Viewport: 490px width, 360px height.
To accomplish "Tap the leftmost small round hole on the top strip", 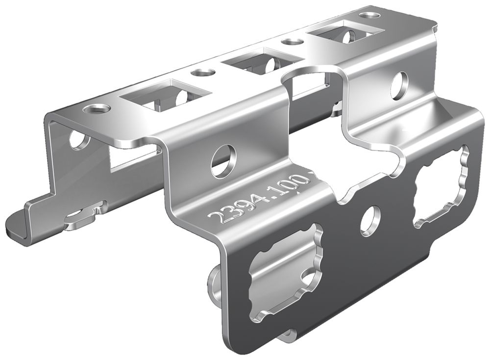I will (96, 108).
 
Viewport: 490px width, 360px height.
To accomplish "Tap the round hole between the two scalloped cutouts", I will (371, 220).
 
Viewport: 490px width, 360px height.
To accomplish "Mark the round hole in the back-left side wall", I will (77, 139).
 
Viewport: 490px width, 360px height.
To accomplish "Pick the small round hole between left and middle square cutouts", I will (202, 73).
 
